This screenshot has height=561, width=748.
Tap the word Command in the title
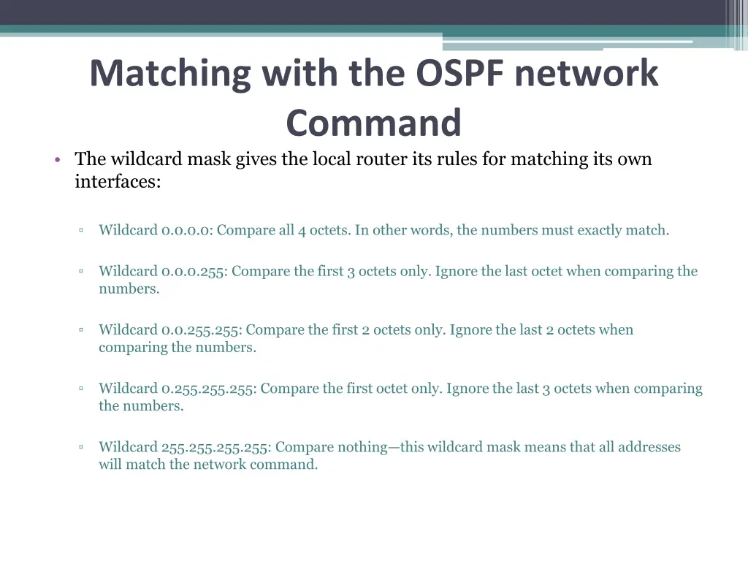click(x=373, y=122)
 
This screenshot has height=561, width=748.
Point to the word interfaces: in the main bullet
click(x=117, y=182)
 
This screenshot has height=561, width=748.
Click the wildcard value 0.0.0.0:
click(x=187, y=231)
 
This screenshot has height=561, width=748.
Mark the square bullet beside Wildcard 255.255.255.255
click(x=81, y=446)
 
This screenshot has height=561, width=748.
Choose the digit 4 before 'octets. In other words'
click(x=302, y=231)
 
